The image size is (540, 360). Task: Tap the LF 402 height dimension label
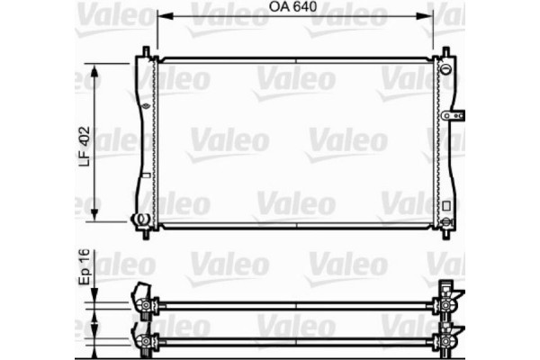coord(85,143)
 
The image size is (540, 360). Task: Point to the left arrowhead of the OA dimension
coord(162,16)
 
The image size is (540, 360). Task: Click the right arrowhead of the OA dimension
coord(429,16)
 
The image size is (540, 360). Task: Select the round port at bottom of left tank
coord(140,219)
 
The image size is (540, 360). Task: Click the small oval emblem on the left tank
coord(144,105)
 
